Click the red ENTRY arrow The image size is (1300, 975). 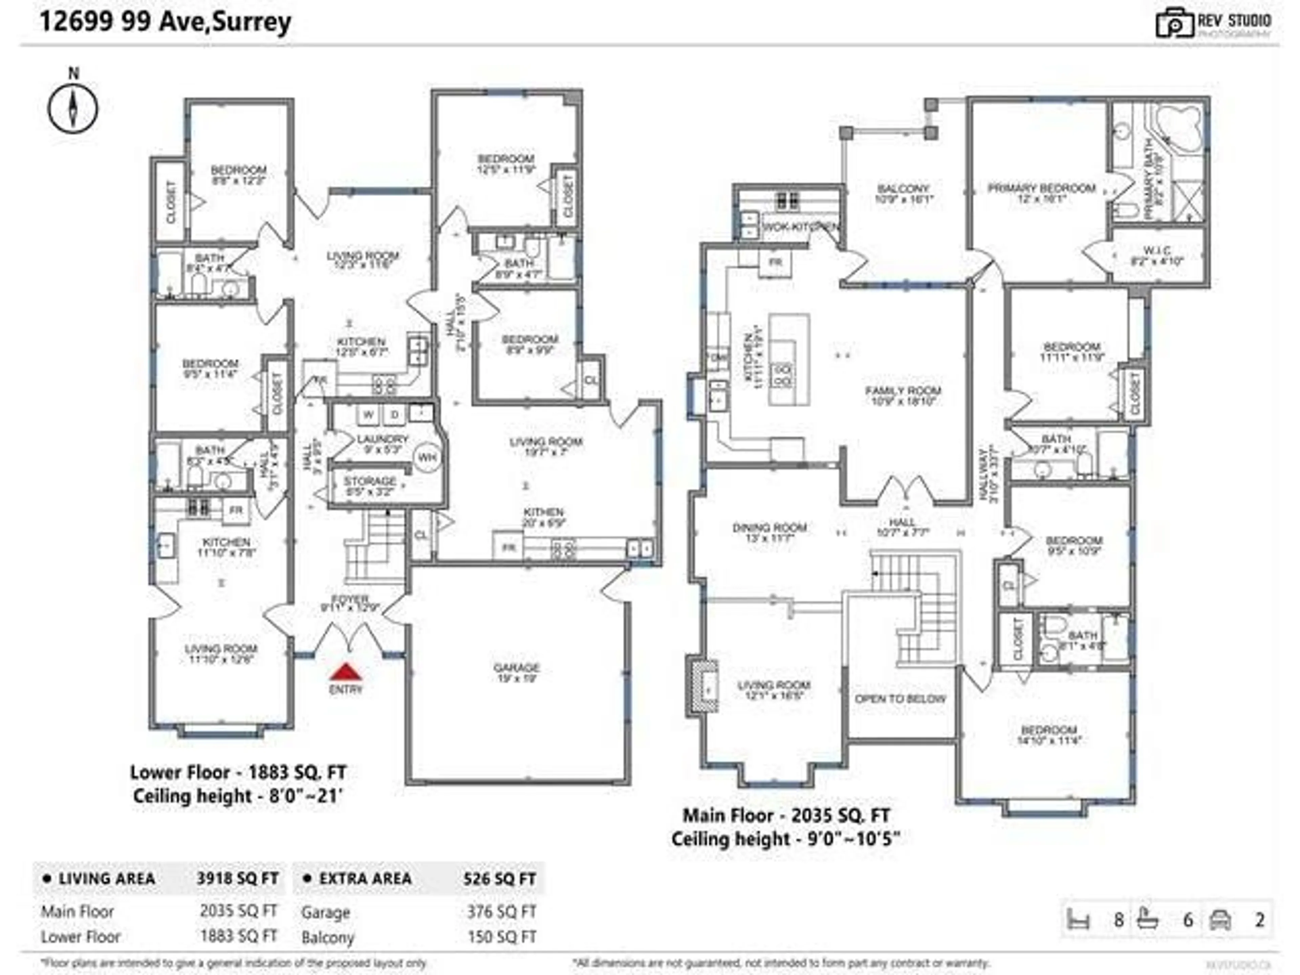(x=346, y=672)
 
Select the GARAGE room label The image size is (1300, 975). (x=517, y=668)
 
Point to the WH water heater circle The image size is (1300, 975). (x=428, y=458)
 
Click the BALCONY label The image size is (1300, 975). (x=903, y=189)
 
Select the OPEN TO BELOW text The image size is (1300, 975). (x=901, y=699)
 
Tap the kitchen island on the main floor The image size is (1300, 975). (x=789, y=360)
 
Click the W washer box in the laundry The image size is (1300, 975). (x=368, y=414)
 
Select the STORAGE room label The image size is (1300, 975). (x=370, y=481)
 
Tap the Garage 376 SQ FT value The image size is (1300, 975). (x=501, y=912)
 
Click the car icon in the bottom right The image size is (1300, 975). (x=1221, y=920)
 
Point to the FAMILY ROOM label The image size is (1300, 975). (x=903, y=391)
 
